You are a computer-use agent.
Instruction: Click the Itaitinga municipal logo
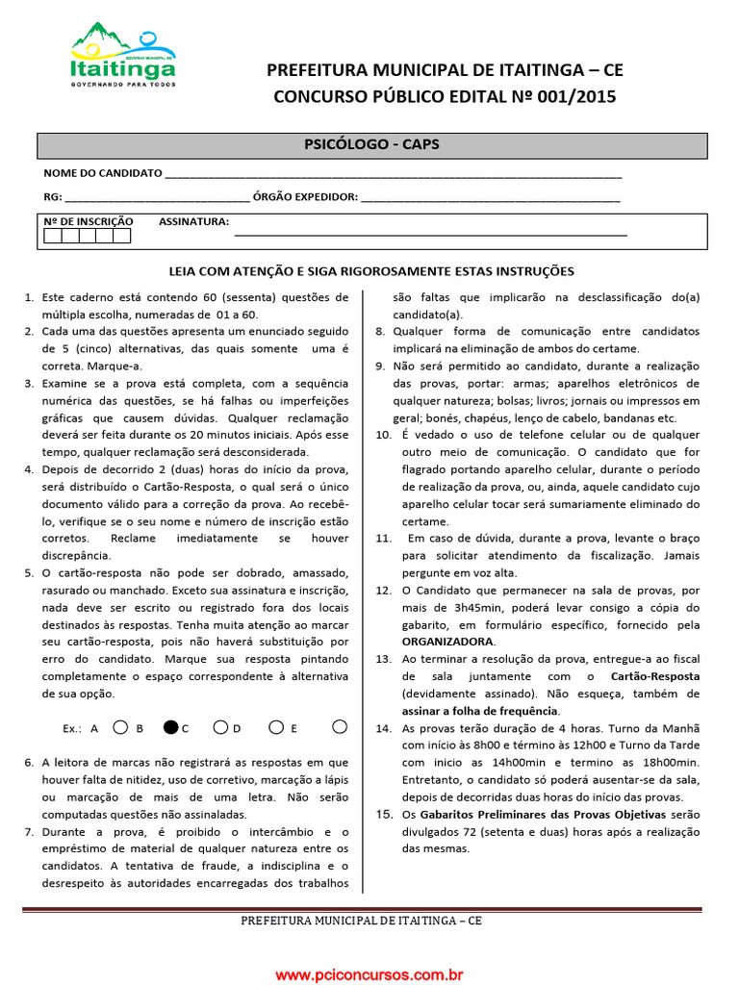pyautogui.click(x=122, y=56)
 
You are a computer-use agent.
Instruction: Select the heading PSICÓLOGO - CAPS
pyautogui.click(x=371, y=144)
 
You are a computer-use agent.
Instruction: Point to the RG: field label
pyautogui.click(x=53, y=196)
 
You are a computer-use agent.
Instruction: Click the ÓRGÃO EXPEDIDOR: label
pyautogui.click(x=305, y=196)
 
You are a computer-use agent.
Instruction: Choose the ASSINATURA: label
pyautogui.click(x=193, y=221)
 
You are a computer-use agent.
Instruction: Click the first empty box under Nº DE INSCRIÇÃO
pyautogui.click(x=53, y=235)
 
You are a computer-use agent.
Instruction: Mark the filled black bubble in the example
pyautogui.click(x=171, y=727)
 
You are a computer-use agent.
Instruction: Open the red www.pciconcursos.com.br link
pyautogui.click(x=369, y=974)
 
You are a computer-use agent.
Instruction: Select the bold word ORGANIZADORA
pyautogui.click(x=447, y=642)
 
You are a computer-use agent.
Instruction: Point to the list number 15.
pyautogui.click(x=383, y=814)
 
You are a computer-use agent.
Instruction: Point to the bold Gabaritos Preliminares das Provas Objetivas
pyautogui.click(x=536, y=814)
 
